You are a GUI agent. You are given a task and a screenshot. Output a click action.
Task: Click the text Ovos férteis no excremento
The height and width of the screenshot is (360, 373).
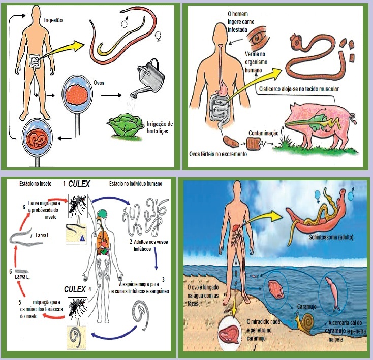[x=219, y=154]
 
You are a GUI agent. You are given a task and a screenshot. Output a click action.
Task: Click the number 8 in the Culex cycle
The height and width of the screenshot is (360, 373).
[x=23, y=207]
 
